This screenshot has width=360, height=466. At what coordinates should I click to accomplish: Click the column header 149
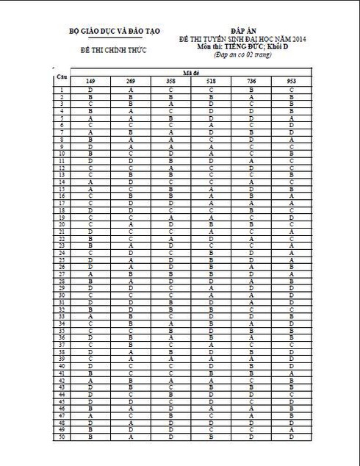click(90, 80)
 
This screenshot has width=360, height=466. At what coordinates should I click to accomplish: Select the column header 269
click(130, 80)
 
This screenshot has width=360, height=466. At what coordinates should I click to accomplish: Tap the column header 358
click(170, 80)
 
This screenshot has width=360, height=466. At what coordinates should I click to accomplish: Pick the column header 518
click(211, 80)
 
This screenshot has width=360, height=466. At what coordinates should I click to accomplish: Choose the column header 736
click(251, 80)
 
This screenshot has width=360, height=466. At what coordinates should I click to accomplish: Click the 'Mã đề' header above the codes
click(190, 73)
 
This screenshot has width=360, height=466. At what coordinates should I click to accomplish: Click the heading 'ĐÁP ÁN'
click(231, 29)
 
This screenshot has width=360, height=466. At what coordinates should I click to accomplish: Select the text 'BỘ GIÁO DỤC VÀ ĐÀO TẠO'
click(109, 31)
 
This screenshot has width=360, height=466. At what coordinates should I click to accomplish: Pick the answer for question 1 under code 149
click(90, 89)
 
